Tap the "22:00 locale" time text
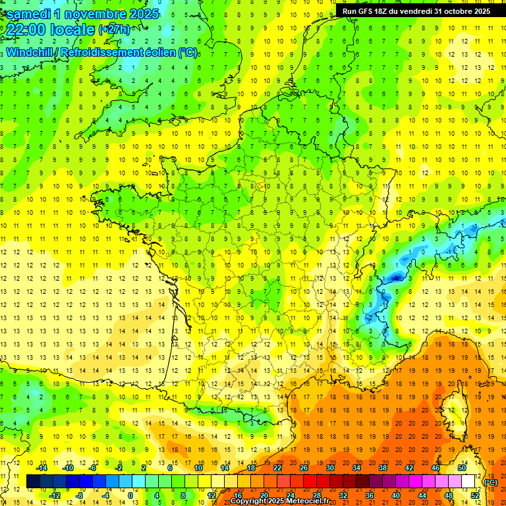coord(50,30)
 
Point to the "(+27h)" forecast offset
coord(114,30)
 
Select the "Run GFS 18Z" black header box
coord(416,11)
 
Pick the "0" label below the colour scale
coord(130,495)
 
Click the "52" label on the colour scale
coord(475,495)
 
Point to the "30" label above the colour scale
coord(330,467)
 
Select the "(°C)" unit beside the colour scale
coord(491,482)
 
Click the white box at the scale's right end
coord(468,482)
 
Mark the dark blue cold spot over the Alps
coord(395,277)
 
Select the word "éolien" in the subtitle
coord(157,52)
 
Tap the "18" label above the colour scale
coord(251,467)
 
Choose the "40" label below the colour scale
coord(396,495)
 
